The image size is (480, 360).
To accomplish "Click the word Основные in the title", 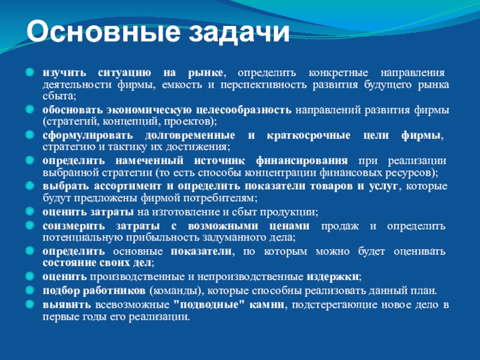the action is point(103,32).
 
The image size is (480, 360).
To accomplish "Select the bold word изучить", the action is point(65,73).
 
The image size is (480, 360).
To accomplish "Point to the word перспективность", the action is point(263,85).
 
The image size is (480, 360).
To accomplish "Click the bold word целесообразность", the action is point(244,110).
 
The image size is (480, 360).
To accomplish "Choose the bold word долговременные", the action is point(190,136).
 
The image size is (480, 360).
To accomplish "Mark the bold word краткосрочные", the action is point(308,136).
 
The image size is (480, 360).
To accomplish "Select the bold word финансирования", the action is point(302,161).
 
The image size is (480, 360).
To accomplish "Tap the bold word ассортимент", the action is point(128,186).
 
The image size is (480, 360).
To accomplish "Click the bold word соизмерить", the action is point(74,226).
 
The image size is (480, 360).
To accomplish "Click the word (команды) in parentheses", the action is point(176,291).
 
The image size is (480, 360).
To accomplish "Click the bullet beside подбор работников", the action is point(29,290).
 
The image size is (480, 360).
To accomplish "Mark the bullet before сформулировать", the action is point(29,134).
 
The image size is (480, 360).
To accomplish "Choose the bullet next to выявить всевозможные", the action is point(29,304).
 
